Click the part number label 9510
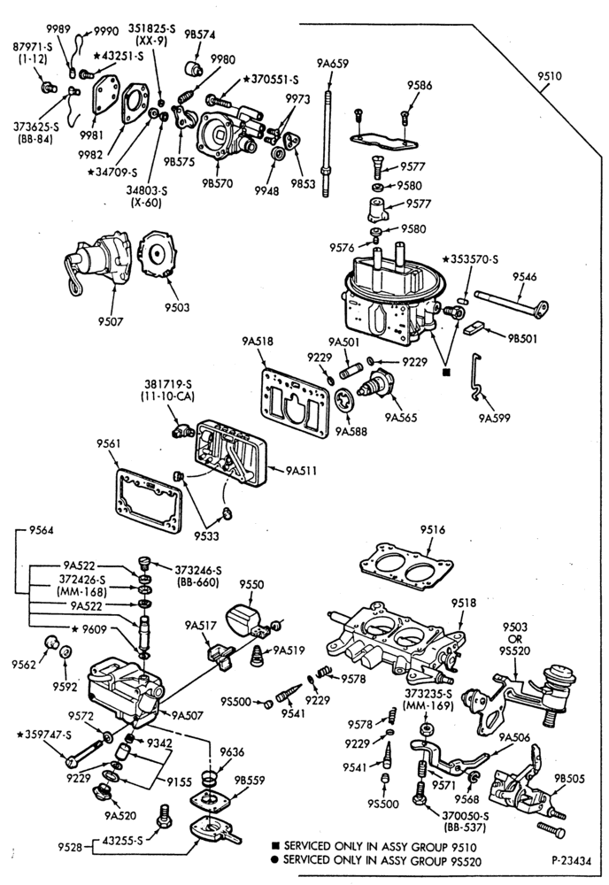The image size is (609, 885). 550,75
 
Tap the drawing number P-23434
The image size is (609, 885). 572,861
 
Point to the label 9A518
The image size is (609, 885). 258,341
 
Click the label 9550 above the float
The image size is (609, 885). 251,584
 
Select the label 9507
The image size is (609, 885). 110,322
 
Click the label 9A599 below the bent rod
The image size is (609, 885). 494,418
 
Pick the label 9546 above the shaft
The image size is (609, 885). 524,276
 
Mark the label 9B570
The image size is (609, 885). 217,183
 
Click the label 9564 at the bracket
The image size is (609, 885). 42,530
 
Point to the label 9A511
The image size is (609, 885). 301,470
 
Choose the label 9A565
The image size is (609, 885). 401,418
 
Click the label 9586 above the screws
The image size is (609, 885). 420,85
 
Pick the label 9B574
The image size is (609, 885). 200,34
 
